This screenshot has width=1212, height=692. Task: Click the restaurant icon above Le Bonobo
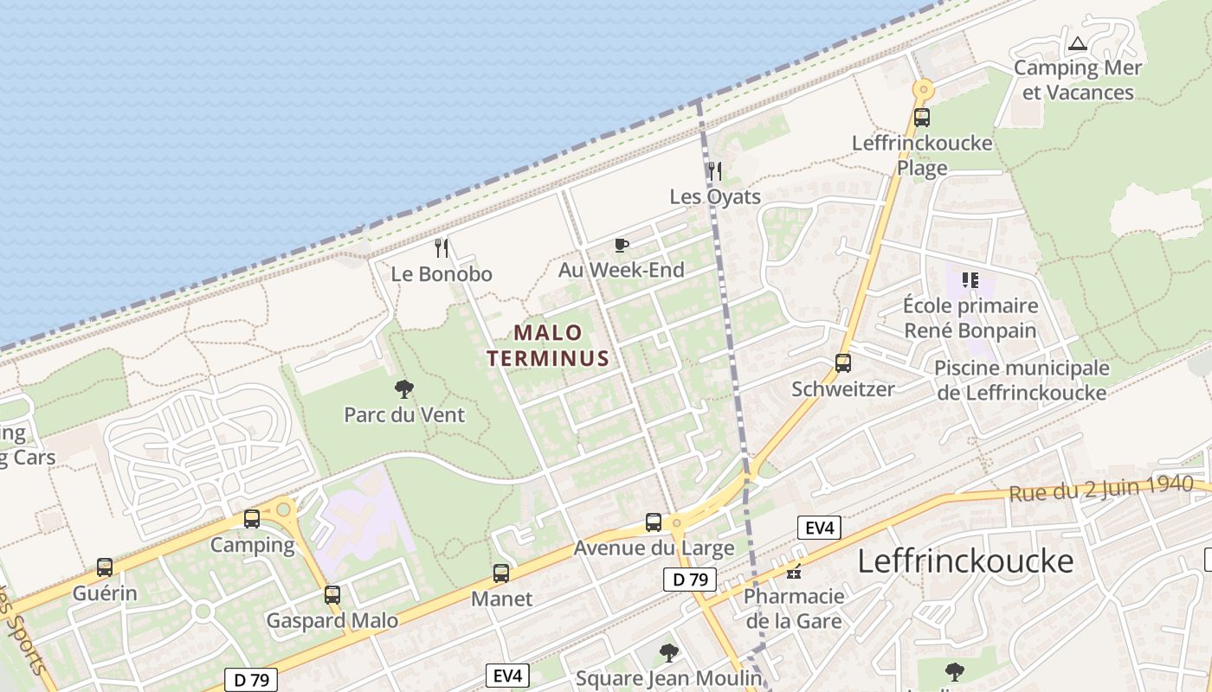(442, 248)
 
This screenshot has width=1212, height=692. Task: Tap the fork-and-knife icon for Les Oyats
(714, 170)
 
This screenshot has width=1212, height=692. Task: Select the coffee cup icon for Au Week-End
(621, 245)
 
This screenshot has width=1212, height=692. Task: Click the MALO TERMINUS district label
(548, 345)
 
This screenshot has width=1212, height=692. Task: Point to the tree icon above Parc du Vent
(403, 388)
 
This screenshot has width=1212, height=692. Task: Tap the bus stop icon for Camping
(252, 519)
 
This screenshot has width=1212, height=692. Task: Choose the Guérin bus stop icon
(105, 567)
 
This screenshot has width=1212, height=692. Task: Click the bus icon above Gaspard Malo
(332, 594)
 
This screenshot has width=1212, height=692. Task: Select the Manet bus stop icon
(501, 573)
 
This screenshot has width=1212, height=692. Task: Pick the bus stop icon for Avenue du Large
(654, 522)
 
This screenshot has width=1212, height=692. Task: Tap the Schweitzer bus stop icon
(843, 363)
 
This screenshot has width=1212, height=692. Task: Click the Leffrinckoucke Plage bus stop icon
(922, 118)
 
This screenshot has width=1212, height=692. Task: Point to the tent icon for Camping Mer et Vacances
(1078, 43)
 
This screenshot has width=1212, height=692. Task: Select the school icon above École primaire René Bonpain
(970, 279)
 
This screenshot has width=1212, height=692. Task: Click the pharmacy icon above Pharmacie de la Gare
(794, 571)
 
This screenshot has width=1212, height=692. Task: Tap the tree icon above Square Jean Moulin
(668, 652)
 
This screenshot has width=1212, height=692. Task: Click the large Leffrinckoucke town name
(965, 561)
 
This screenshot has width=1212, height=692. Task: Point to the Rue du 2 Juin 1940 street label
(1101, 489)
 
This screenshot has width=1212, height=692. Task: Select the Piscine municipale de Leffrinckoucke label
(1022, 380)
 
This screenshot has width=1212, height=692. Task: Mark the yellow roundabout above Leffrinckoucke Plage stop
(923, 88)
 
